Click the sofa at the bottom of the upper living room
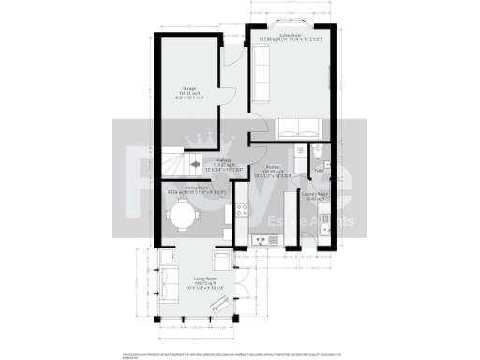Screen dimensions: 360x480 299,128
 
